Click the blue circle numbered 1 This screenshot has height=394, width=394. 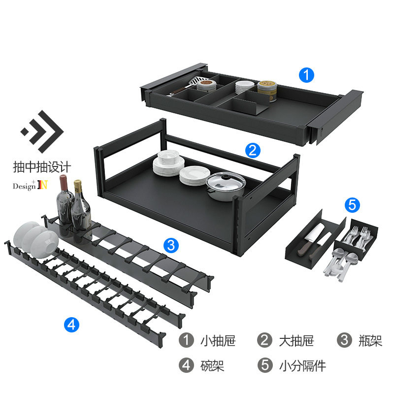pos(307,76)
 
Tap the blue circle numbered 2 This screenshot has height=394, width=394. pos(253,150)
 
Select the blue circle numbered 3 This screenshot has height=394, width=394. pos(170,245)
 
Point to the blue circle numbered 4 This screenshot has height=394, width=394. pos(71,324)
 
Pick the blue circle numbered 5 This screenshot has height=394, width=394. pos(352,205)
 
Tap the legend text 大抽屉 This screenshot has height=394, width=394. pos(296,340)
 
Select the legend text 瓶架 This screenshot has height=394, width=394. pos(369,340)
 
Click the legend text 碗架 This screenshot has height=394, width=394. pos(212,365)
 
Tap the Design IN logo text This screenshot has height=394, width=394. pos(30,186)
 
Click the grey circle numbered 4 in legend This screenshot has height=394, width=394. pos(186,365)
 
